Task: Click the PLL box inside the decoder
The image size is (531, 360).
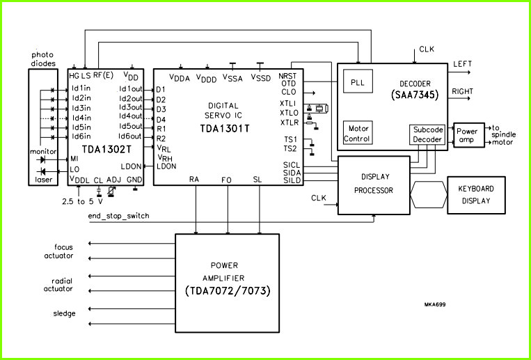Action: coord(358,81)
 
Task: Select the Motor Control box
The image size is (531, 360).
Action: coord(358,133)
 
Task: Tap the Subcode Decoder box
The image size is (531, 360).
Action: coord(427,135)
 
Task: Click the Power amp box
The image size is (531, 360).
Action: coord(469,135)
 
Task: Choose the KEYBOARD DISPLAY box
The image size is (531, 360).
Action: coord(476,195)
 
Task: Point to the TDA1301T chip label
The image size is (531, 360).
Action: coord(225,129)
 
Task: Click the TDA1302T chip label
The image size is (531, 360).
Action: coord(106,150)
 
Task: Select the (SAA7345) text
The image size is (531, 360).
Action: coord(415,95)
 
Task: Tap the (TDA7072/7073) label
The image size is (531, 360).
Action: coord(228,291)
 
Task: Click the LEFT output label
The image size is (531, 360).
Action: coord(462,64)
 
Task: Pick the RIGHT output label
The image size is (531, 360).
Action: coord(463,91)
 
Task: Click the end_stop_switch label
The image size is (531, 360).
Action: coord(118,217)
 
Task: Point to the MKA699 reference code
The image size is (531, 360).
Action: coord(435,304)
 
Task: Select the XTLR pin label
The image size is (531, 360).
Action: coord(290,123)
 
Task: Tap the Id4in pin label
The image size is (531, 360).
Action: coord(81,118)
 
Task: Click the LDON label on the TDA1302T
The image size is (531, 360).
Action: coord(131,166)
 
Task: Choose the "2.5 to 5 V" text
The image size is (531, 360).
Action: coord(83,201)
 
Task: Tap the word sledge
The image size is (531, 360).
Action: coord(64,313)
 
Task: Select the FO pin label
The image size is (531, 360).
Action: coord(226,180)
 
